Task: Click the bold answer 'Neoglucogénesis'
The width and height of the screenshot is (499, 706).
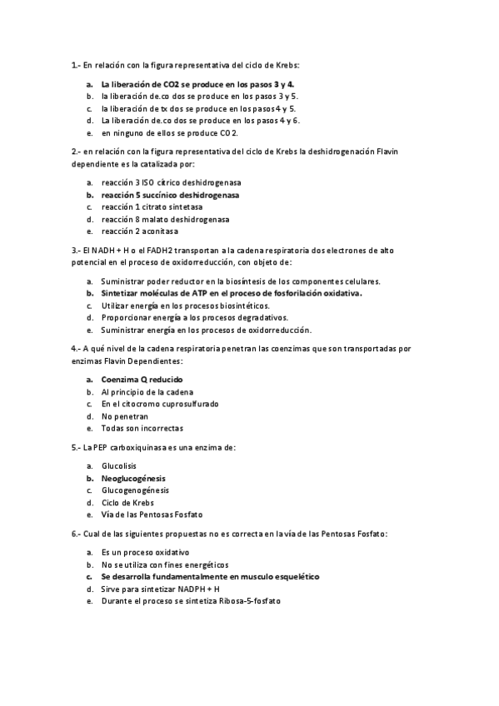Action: point(133,479)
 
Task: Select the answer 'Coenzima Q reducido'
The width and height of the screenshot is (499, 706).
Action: point(142,380)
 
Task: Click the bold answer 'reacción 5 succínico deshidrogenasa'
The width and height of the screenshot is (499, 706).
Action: point(170,195)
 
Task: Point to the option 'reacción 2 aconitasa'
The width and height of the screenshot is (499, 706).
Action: point(139,231)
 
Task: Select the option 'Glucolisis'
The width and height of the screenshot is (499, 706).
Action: point(119,466)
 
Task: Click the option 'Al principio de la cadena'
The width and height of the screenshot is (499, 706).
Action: point(147,391)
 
